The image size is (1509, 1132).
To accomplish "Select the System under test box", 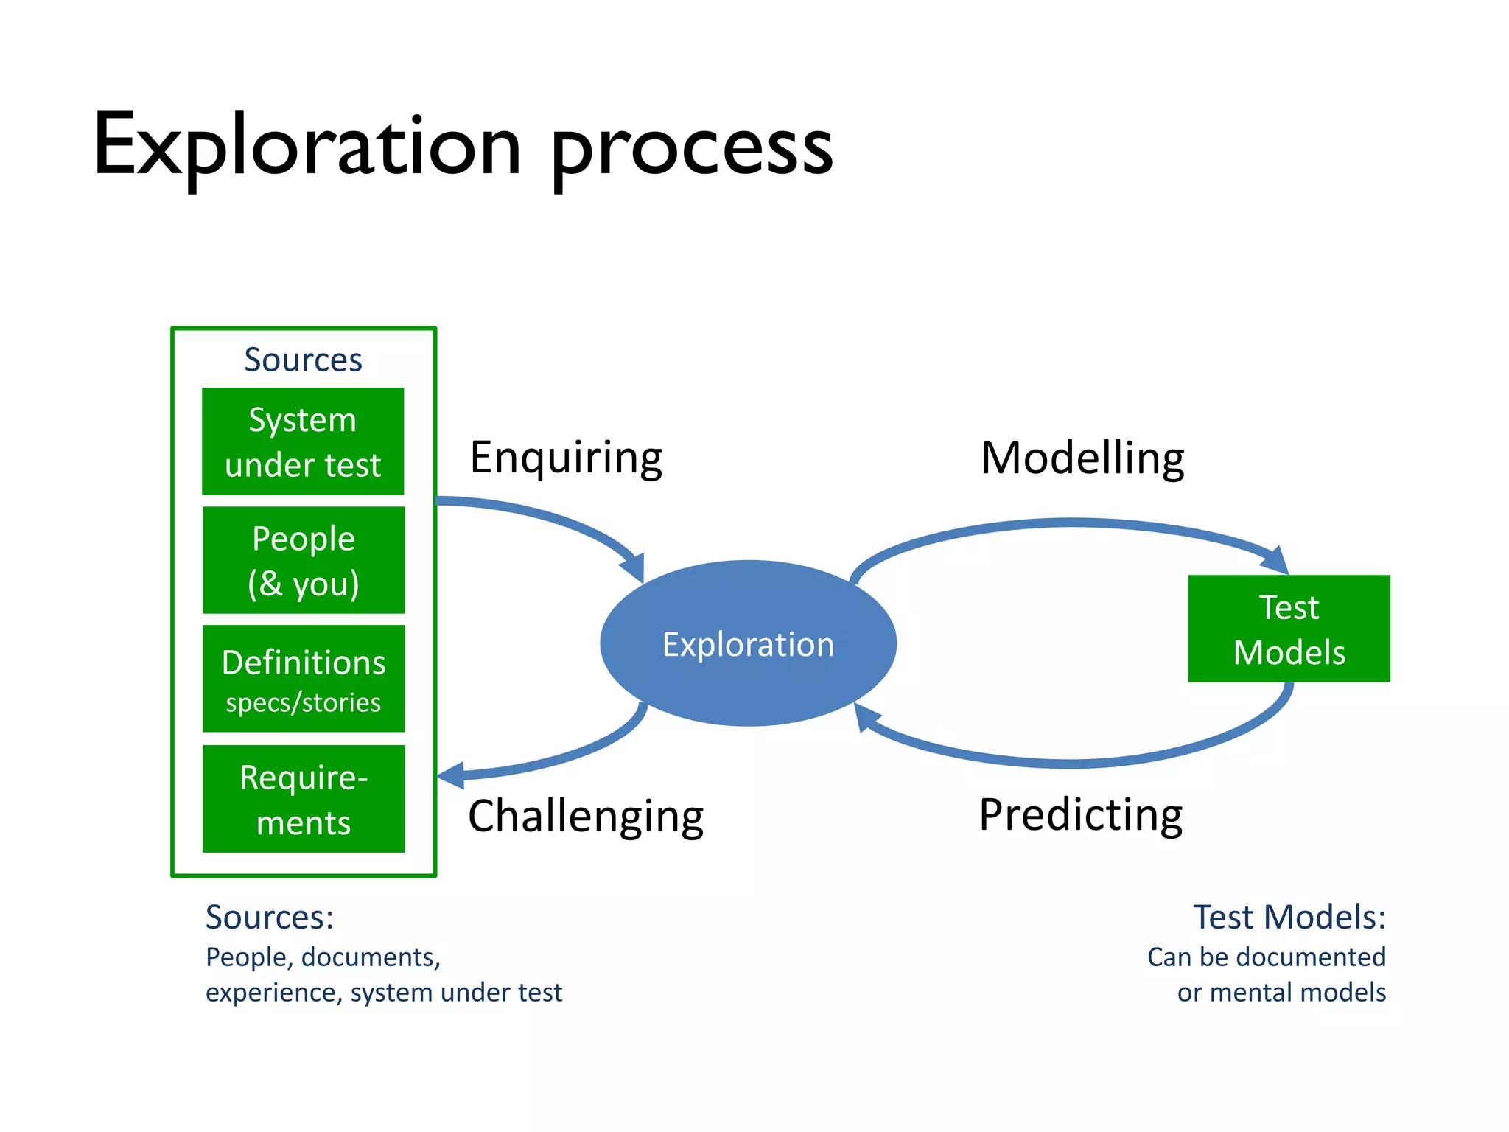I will [x=303, y=441].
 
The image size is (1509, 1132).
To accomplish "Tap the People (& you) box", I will [x=303, y=560].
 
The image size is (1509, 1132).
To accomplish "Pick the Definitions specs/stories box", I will [x=303, y=679].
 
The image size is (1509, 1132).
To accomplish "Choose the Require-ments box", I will [x=303, y=799].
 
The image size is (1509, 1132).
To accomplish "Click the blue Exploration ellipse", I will [x=748, y=643].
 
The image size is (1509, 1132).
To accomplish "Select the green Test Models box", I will [x=1289, y=629].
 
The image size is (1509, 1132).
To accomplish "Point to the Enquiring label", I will [x=566, y=458].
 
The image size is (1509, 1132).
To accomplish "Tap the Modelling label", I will [x=1082, y=458].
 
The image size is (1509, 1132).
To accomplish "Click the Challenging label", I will [x=586, y=817].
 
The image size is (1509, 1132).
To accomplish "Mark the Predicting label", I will [x=1080, y=815].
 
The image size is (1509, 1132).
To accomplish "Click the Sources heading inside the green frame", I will [x=303, y=360].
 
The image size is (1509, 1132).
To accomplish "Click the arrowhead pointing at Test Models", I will [x=1276, y=562].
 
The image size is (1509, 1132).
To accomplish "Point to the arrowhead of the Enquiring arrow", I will [x=634, y=567].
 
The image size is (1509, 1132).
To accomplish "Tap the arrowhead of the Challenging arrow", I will [x=451, y=775].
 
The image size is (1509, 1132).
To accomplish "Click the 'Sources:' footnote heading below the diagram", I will [x=269, y=918].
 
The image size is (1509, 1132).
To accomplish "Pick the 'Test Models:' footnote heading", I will [x=1289, y=918].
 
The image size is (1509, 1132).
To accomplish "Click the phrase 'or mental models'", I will [x=1281, y=993].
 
